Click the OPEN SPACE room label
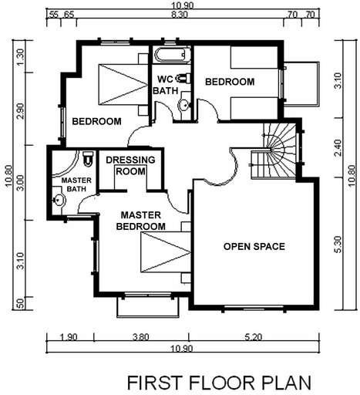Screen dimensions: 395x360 pos(254,247)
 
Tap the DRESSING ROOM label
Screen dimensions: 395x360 pos(130,165)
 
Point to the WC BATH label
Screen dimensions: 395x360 pos(166,85)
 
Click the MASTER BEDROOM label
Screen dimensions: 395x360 pos(140,221)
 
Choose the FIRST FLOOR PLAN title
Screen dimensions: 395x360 pos(218,382)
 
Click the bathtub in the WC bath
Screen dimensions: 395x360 pos(170,56)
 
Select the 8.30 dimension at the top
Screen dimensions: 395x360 pos(180,14)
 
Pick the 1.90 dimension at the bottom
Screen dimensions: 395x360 pos(69,336)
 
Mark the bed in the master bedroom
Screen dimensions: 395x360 pos(164,254)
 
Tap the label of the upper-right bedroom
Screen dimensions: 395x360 pos(229,82)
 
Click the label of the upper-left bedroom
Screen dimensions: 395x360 pos(96,121)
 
